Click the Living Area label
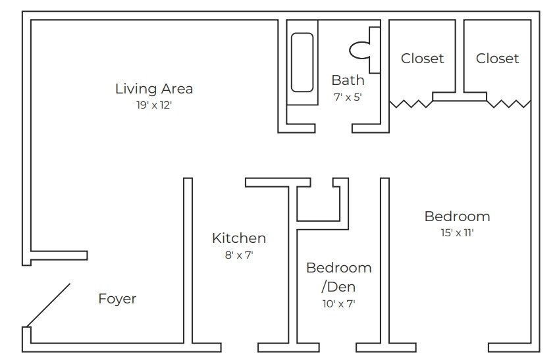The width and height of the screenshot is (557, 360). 153,88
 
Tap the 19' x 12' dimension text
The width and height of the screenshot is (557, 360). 153,105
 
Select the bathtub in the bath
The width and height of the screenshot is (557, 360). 302,63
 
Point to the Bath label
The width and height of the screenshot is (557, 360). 347,80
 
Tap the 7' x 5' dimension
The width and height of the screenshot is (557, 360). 347,97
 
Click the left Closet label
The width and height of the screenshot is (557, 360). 422,59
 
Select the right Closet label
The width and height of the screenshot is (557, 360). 497,59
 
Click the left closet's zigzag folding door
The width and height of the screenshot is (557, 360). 411,103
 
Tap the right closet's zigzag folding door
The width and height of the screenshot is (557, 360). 508,103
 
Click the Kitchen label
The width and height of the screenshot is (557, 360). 238,238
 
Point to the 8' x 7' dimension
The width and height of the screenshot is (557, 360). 238,255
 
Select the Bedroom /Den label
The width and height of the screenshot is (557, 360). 338,277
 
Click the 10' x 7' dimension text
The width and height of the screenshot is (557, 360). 338,303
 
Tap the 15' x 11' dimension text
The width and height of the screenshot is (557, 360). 457,232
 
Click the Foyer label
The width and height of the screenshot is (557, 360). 117,299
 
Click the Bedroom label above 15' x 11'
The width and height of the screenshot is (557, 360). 457,216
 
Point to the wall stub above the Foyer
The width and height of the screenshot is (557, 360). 58,255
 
